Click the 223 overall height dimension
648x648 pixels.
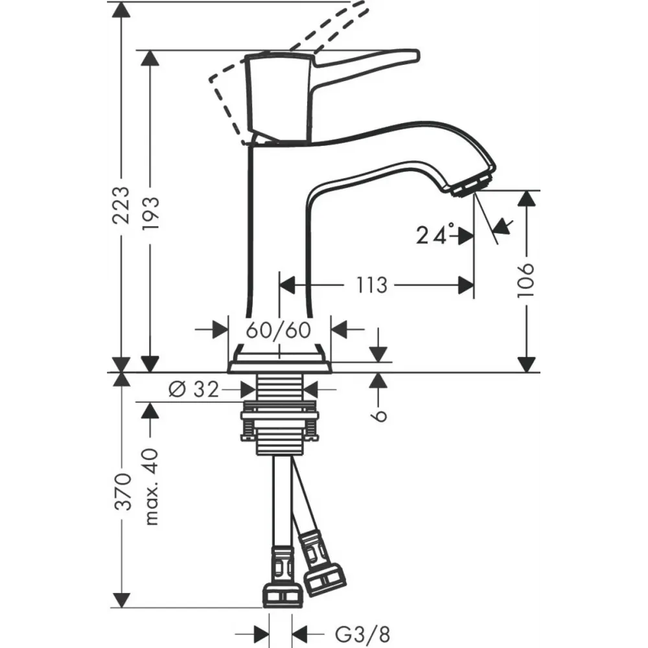pyautogui.click(x=122, y=205)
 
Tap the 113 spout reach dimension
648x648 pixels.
pyautogui.click(x=371, y=285)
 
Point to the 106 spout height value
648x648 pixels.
pyautogui.click(x=526, y=279)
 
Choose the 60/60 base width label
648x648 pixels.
pyautogui.click(x=279, y=330)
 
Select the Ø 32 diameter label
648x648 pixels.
pyautogui.click(x=193, y=389)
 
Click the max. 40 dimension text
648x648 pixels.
pyautogui.click(x=151, y=487)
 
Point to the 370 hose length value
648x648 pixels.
pyautogui.click(x=122, y=492)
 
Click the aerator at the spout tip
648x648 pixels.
pyautogui.click(x=472, y=185)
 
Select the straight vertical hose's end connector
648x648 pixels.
pyautogui.click(x=283, y=576)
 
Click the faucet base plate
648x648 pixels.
pyautogui.click(x=279, y=367)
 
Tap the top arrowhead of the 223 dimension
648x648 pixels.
pyautogui.click(x=122, y=10)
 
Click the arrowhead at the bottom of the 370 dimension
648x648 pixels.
pyautogui.click(x=122, y=600)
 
